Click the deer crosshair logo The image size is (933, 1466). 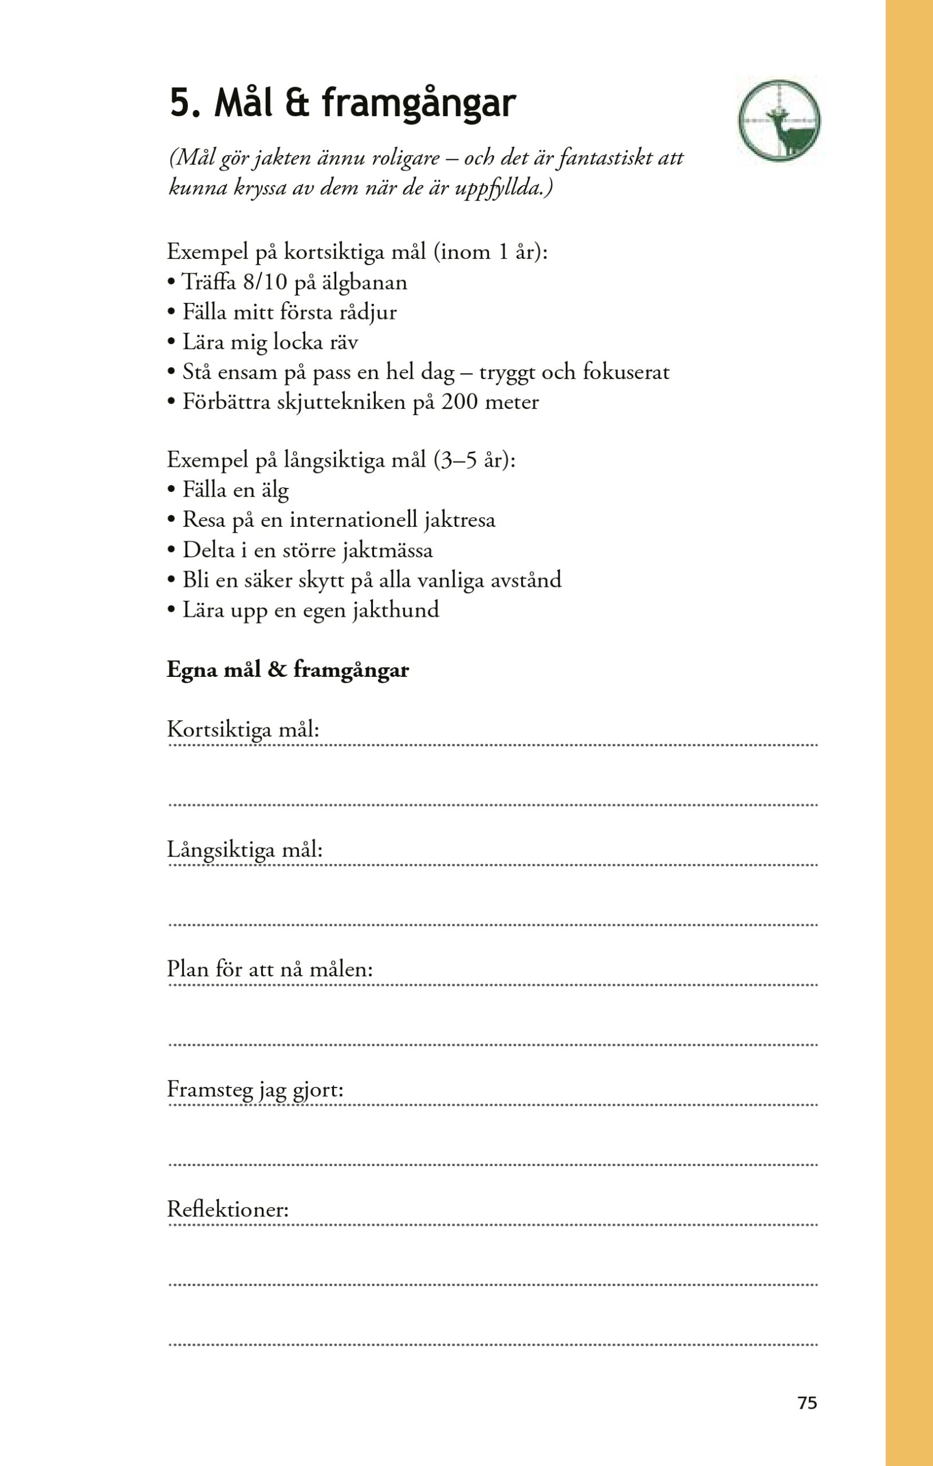pos(779,120)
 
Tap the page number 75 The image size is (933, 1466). pos(807,1402)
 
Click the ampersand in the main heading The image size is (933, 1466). pos(297,104)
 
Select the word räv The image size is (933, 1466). pos(344,342)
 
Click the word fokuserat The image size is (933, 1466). pos(626,372)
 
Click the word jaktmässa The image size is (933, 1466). pos(387,550)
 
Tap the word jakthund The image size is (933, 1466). pos(396,610)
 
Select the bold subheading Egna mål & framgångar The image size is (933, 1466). pos(288,669)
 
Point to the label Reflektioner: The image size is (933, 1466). pos(228,1209)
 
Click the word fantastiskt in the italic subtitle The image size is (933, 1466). pos(605,158)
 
